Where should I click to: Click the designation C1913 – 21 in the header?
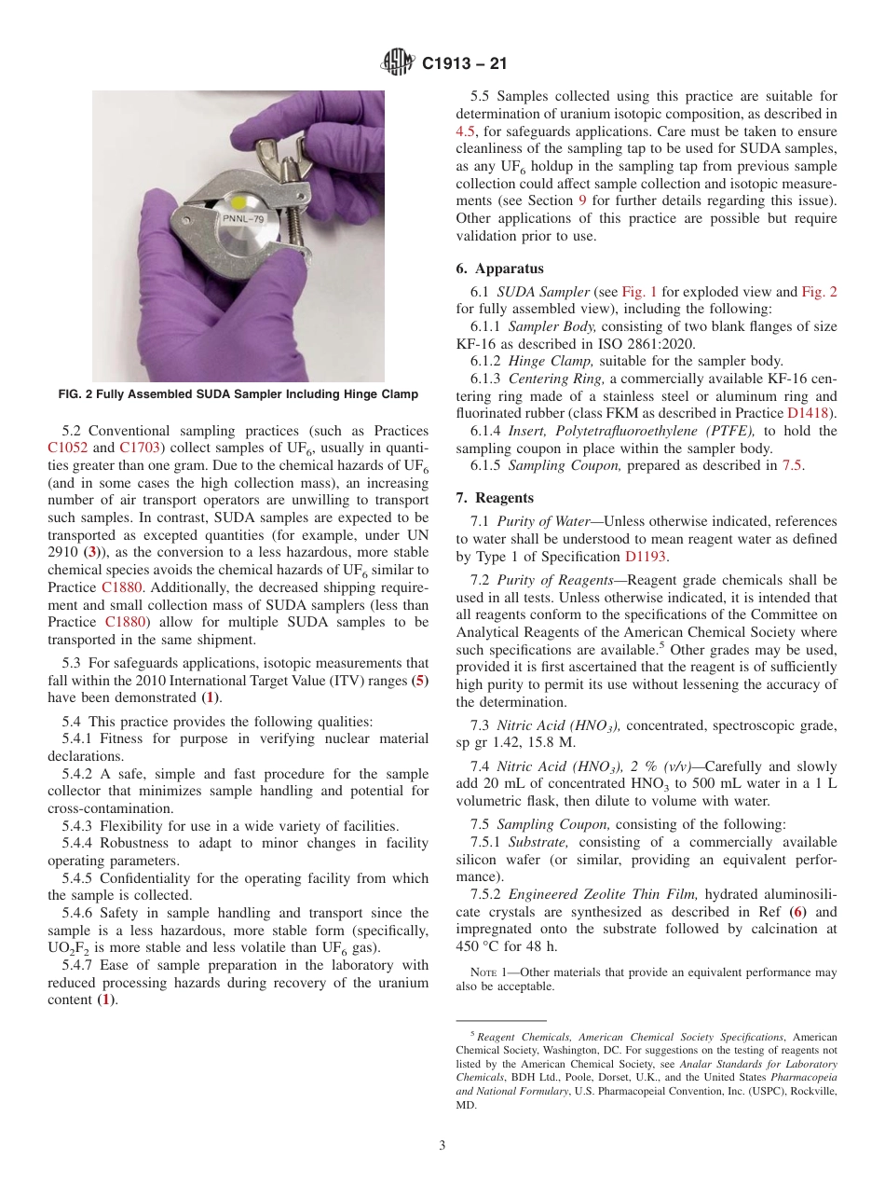(x=464, y=64)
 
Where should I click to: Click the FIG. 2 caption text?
(x=238, y=394)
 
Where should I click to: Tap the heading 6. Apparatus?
(x=499, y=268)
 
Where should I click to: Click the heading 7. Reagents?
(x=495, y=498)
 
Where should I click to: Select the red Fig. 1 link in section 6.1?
(x=639, y=291)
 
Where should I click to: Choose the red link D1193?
(x=646, y=557)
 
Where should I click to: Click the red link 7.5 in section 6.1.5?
(x=793, y=465)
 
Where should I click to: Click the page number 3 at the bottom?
(x=442, y=1145)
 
